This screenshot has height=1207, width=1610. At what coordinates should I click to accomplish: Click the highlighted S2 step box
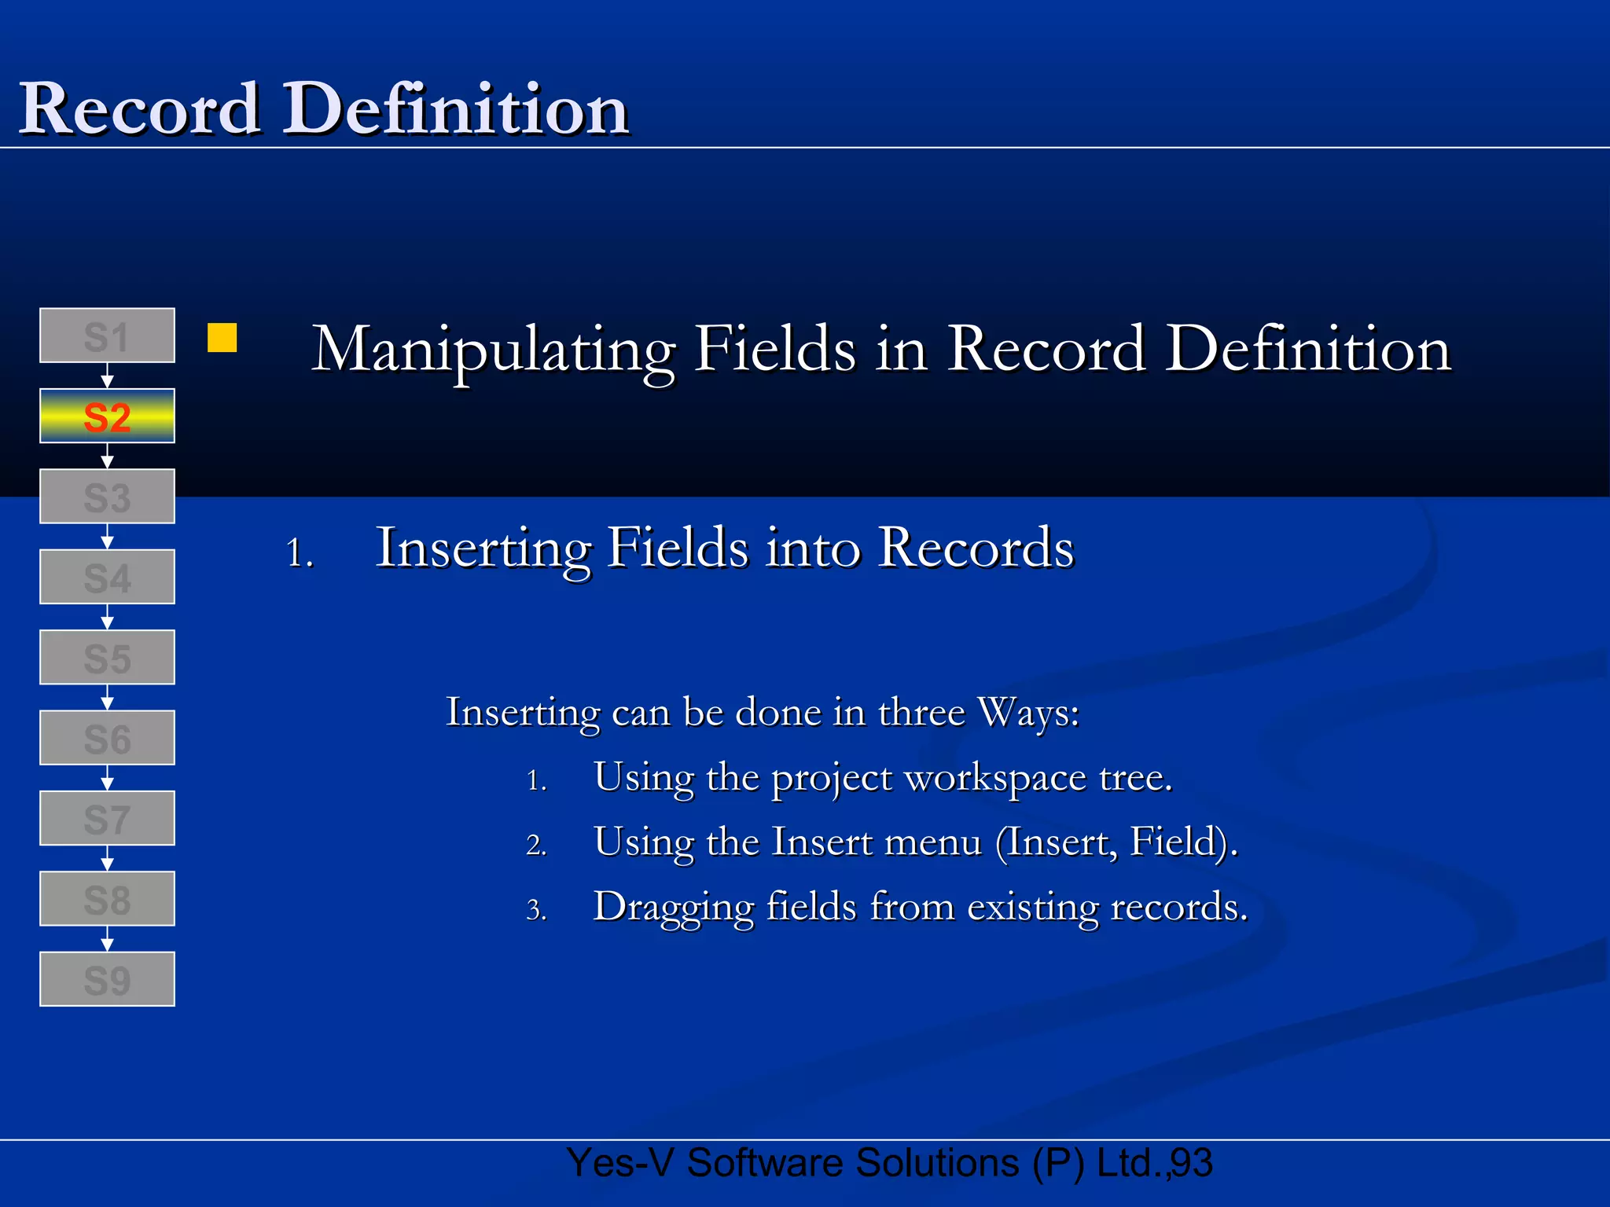pos(107,416)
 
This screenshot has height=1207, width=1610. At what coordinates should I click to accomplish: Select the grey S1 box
pos(107,336)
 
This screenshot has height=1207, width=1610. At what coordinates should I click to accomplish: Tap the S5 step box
pos(107,657)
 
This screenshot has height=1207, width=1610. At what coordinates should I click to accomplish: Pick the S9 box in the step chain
pos(107,979)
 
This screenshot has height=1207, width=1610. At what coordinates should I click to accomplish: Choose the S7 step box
pos(107,818)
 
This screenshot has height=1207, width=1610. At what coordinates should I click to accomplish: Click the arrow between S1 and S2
pos(108,376)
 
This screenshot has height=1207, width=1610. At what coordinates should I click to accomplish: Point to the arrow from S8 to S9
pos(108,939)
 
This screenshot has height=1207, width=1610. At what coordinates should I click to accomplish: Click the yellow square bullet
pos(222,338)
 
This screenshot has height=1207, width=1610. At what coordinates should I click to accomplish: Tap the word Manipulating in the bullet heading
pos(493,350)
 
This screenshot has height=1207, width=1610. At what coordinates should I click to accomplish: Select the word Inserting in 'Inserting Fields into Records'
pos(483,548)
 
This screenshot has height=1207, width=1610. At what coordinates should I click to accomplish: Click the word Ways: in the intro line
pos(1028,713)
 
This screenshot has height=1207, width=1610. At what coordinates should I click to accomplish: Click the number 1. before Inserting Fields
pos(300,552)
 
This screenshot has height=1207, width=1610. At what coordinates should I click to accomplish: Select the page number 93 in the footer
pos(1192,1163)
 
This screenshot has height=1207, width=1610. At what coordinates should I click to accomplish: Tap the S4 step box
pos(107,577)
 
